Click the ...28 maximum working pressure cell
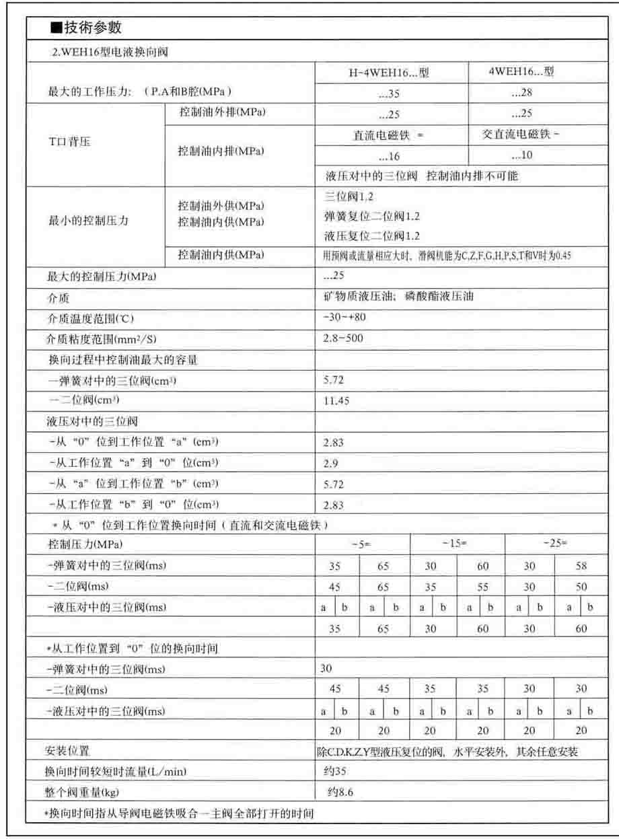tap(521, 94)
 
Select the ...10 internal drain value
tap(521, 156)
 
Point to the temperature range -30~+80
tap(344, 318)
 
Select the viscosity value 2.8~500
tap(343, 338)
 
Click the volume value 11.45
tap(336, 401)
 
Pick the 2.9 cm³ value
tap(330, 464)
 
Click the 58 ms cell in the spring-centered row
tap(581, 567)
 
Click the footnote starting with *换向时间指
tap(178, 813)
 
